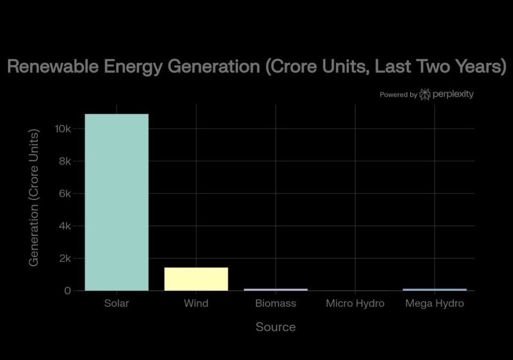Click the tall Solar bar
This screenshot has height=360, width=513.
pyautogui.click(x=116, y=202)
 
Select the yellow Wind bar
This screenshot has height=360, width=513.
pyautogui.click(x=196, y=279)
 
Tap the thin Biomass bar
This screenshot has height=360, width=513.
pyautogui.click(x=276, y=290)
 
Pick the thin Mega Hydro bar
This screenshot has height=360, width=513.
pyautogui.click(x=435, y=290)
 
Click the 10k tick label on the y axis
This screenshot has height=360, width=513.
pyautogui.click(x=62, y=129)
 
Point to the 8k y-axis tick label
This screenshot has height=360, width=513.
pyautogui.click(x=65, y=161)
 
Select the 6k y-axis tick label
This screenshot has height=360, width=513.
pyautogui.click(x=65, y=194)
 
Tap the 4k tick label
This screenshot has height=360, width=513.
pyautogui.click(x=65, y=226)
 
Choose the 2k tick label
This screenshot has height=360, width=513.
pyautogui.click(x=65, y=258)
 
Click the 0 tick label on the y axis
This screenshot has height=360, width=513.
pyautogui.click(x=67, y=291)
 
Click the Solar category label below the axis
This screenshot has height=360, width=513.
pyautogui.click(x=116, y=303)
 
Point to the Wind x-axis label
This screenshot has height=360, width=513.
pyautogui.click(x=196, y=303)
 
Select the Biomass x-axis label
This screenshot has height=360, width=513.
pyautogui.click(x=276, y=303)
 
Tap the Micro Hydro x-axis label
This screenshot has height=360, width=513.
pyautogui.click(x=355, y=303)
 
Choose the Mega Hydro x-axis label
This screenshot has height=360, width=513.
pyautogui.click(x=435, y=303)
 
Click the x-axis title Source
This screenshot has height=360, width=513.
pyautogui.click(x=276, y=327)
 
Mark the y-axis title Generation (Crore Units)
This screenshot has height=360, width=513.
pyautogui.click(x=34, y=198)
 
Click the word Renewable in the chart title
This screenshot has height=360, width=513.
pyautogui.click(x=53, y=66)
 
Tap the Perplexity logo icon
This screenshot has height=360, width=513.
pyautogui.click(x=425, y=94)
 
